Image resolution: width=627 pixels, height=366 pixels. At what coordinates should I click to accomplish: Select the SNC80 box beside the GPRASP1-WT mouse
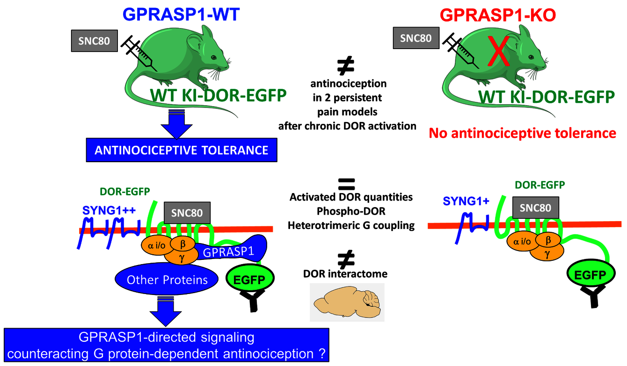[x=91, y=41]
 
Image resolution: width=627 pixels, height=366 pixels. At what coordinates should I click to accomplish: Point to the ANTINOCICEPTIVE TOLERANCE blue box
[x=182, y=150]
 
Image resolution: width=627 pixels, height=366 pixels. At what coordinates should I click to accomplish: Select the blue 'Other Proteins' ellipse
[x=167, y=280]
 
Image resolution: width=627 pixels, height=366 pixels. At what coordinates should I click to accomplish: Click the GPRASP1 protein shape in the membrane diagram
[x=234, y=251]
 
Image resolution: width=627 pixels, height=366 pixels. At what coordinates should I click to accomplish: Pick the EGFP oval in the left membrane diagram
[x=251, y=280]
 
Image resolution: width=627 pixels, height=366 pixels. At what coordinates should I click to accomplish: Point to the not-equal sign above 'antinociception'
[x=346, y=67]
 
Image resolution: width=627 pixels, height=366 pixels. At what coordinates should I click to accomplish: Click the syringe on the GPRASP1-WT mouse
[x=137, y=54]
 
